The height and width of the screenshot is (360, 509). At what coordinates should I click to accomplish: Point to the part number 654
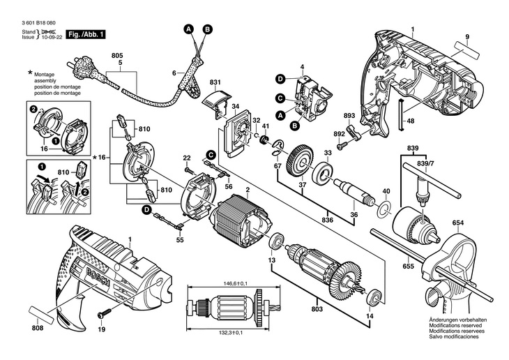[457, 223]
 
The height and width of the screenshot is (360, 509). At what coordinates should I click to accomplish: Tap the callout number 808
[38, 329]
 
